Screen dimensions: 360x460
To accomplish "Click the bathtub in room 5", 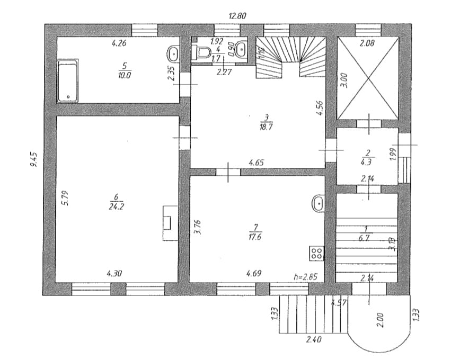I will tap(68, 80).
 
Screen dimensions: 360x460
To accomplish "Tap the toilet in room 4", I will tap(201, 52).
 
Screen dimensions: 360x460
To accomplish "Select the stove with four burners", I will tap(317, 253).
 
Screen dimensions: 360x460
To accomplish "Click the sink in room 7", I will tap(318, 202).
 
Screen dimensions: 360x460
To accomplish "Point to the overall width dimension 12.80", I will tap(238, 16).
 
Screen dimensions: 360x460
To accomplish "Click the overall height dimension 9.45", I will tap(34, 159).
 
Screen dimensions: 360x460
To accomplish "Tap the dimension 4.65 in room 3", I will tap(256, 163).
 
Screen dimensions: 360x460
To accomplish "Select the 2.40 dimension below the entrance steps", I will tap(314, 339).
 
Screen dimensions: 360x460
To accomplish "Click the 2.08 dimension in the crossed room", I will tap(367, 44).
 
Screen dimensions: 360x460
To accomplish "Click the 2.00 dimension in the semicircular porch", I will tap(379, 320).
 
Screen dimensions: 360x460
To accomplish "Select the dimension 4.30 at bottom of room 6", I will tap(114, 274).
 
